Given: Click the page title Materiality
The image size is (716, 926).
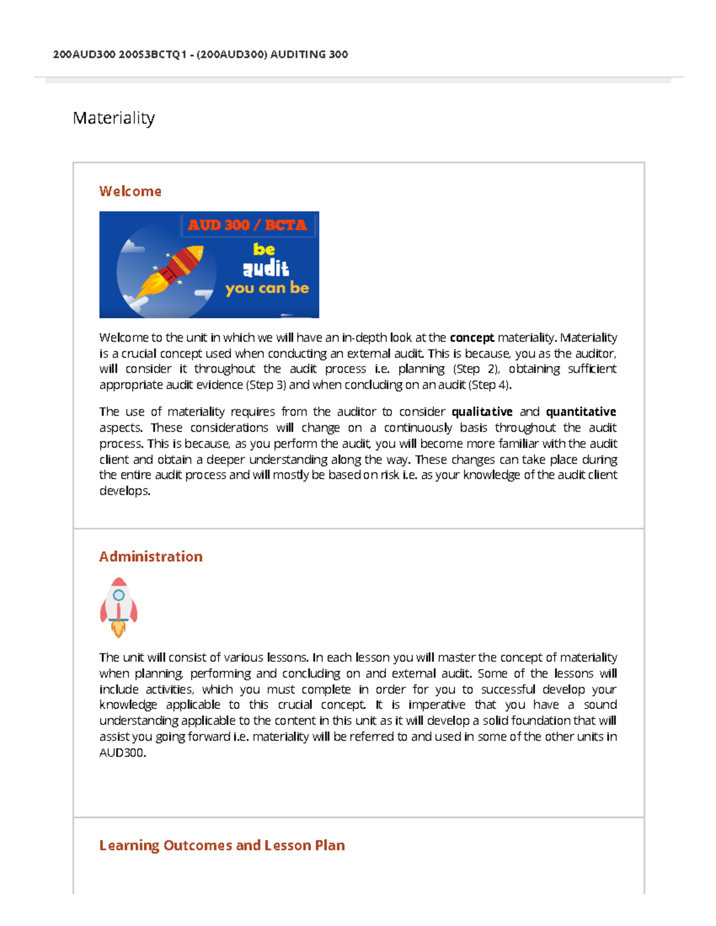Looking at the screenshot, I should coord(113,118).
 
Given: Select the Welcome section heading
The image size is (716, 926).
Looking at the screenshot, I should coord(130,191).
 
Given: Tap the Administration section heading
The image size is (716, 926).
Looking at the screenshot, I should coord(150,556).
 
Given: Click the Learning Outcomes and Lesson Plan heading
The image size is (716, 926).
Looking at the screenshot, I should coord(222,845).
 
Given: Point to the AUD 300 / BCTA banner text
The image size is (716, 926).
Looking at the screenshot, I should coord(247,225).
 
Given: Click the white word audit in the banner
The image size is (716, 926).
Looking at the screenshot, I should coord(266,269).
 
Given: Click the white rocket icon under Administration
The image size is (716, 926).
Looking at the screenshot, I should coord(119,606).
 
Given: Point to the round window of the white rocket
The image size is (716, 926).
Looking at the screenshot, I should coord(119,594).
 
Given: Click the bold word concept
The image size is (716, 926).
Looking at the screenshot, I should coord(471,337).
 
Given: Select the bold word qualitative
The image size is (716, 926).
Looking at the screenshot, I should coord(482,411).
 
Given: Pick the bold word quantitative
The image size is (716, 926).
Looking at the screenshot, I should coord(581,411).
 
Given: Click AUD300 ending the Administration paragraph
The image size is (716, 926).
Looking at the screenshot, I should coord(122,752).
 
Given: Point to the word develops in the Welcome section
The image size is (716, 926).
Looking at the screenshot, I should coord(124,491).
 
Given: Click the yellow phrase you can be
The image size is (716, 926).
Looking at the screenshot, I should coord(267,288).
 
